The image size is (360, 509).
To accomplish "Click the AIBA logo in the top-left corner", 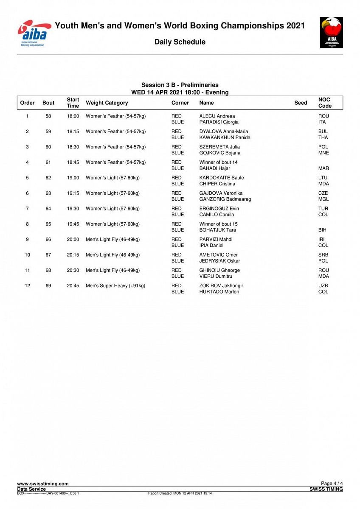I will (33, 33).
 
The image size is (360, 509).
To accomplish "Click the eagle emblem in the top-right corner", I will (332, 32).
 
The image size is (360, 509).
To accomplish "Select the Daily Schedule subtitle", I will (180, 42).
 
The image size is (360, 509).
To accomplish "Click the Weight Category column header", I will (107, 103).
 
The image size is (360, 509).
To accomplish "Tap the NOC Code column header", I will (325, 103).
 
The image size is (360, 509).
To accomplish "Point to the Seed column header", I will (301, 103).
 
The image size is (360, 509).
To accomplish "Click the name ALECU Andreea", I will (217, 116).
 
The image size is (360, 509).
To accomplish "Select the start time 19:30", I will (73, 209).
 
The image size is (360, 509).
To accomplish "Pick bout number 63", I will (48, 193).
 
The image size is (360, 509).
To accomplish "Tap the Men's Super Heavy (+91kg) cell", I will (115, 286).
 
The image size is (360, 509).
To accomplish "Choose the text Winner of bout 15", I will (219, 224).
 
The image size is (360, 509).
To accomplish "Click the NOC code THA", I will (323, 137).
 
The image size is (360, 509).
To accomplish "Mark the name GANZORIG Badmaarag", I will (225, 199).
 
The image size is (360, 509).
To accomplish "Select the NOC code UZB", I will (323, 286).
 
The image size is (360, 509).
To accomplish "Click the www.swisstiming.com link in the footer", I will (43, 484).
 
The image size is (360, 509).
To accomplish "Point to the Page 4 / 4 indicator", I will (332, 484).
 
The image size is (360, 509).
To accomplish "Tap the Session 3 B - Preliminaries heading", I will (180, 85).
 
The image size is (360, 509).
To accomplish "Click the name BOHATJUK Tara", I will (218, 230).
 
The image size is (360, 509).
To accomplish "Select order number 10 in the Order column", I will (28, 255).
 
